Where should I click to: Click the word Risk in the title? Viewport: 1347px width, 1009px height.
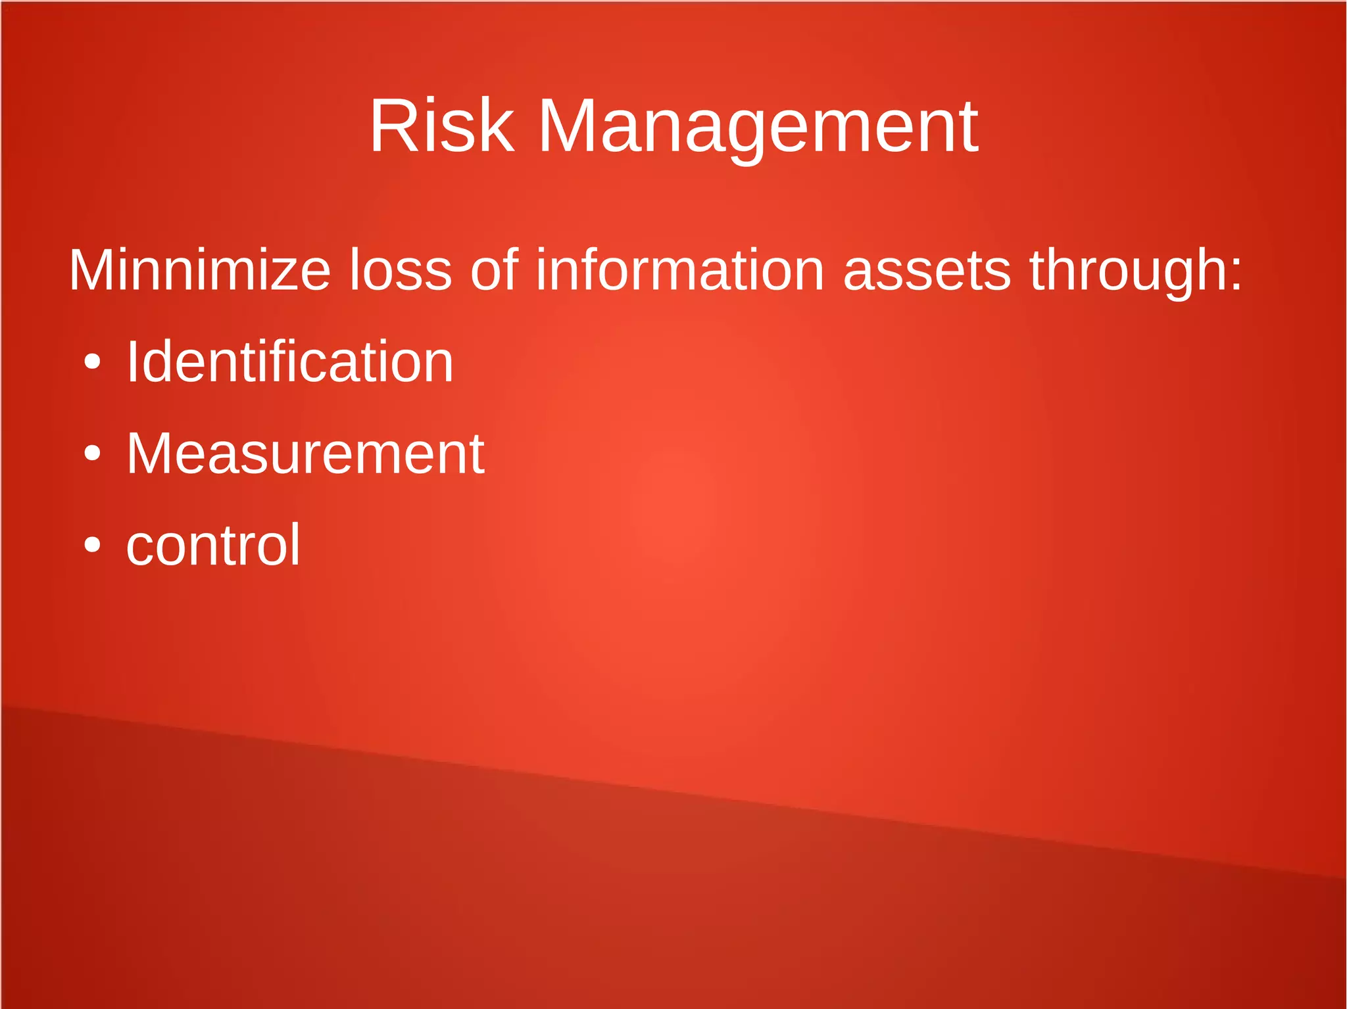pyautogui.click(x=441, y=126)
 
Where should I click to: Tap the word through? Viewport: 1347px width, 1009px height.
pyautogui.click(x=1127, y=271)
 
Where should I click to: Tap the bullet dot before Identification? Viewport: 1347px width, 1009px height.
pyautogui.click(x=93, y=362)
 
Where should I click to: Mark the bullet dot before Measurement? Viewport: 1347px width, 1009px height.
pyautogui.click(x=93, y=454)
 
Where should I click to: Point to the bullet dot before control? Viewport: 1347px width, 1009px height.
pyautogui.click(x=93, y=545)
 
